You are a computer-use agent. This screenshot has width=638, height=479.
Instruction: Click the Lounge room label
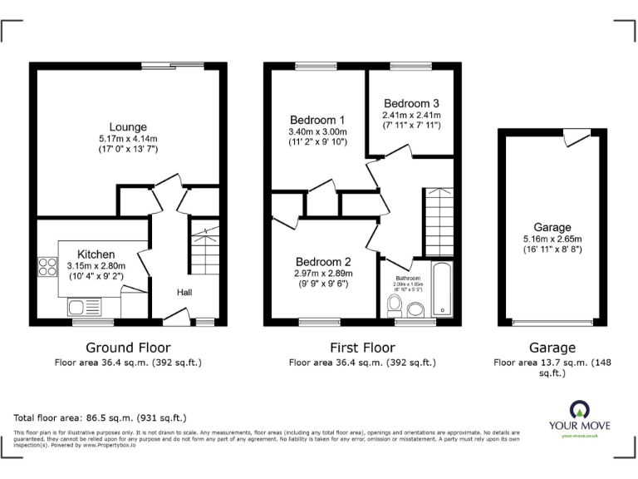pyautogui.click(x=128, y=127)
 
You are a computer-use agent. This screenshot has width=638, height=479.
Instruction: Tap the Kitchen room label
pyautogui.click(x=96, y=254)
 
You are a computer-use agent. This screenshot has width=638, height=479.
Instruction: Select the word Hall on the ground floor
pyautogui.click(x=184, y=292)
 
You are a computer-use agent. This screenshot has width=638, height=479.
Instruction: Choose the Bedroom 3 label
pyautogui.click(x=411, y=103)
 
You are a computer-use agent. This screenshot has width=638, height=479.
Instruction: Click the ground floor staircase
pyautogui.click(x=204, y=249)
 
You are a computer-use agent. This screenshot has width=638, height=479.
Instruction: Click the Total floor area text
pyautogui.click(x=101, y=417)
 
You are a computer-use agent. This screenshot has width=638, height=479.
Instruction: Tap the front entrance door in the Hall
pyautogui.click(x=175, y=316)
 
